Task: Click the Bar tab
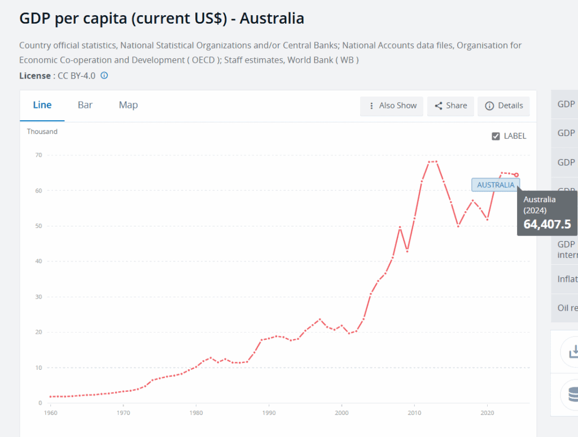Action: [x=85, y=105]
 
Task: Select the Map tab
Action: [x=128, y=105]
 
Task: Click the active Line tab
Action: [x=42, y=105]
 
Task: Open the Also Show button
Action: [x=392, y=106]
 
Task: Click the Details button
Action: [x=503, y=106]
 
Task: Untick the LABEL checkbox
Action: [x=496, y=136]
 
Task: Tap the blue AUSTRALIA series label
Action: [x=496, y=185]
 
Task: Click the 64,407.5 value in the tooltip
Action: [x=547, y=224]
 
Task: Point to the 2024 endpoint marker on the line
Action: [x=516, y=174]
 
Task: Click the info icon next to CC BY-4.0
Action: [x=104, y=75]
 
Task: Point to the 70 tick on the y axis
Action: [x=38, y=155]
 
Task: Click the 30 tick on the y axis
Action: [x=38, y=296]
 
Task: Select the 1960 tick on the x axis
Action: [x=50, y=413]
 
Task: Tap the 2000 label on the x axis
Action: [x=341, y=413]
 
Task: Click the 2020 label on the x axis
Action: [x=487, y=413]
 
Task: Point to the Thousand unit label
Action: [x=42, y=132]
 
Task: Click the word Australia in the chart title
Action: [x=272, y=18]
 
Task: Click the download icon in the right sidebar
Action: [x=571, y=351]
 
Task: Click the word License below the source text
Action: [x=35, y=75]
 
